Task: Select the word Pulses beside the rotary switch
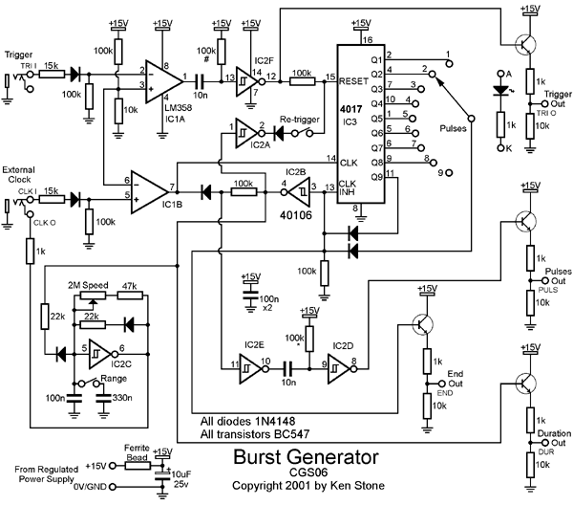(456, 125)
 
